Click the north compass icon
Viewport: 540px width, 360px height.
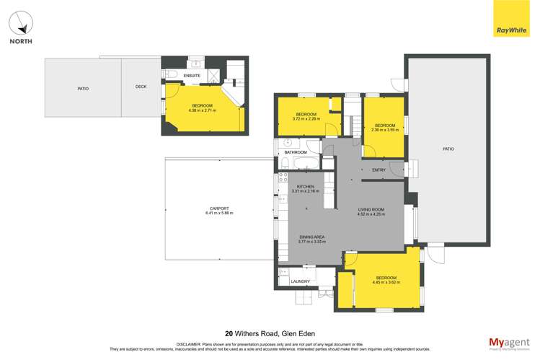[x=21, y=24]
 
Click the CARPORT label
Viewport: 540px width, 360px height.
[x=219, y=208]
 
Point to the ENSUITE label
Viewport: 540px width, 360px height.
[x=192, y=76]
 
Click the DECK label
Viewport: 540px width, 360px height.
[x=141, y=87]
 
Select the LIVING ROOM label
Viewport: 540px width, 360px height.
[x=371, y=210]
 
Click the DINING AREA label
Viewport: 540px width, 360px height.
[x=312, y=237]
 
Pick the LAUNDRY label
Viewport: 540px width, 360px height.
[x=300, y=281]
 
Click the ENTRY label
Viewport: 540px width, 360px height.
[x=379, y=170]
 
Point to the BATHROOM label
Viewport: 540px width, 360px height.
[x=296, y=152]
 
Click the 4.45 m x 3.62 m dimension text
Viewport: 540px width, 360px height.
[x=386, y=283]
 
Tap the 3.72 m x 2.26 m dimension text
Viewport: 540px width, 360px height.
[x=306, y=119]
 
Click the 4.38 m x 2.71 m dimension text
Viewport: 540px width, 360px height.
[x=202, y=110]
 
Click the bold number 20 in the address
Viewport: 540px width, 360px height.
[x=229, y=333]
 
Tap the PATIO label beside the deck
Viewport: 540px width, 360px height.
[x=83, y=88]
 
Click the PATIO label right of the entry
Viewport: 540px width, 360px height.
[x=448, y=149]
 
